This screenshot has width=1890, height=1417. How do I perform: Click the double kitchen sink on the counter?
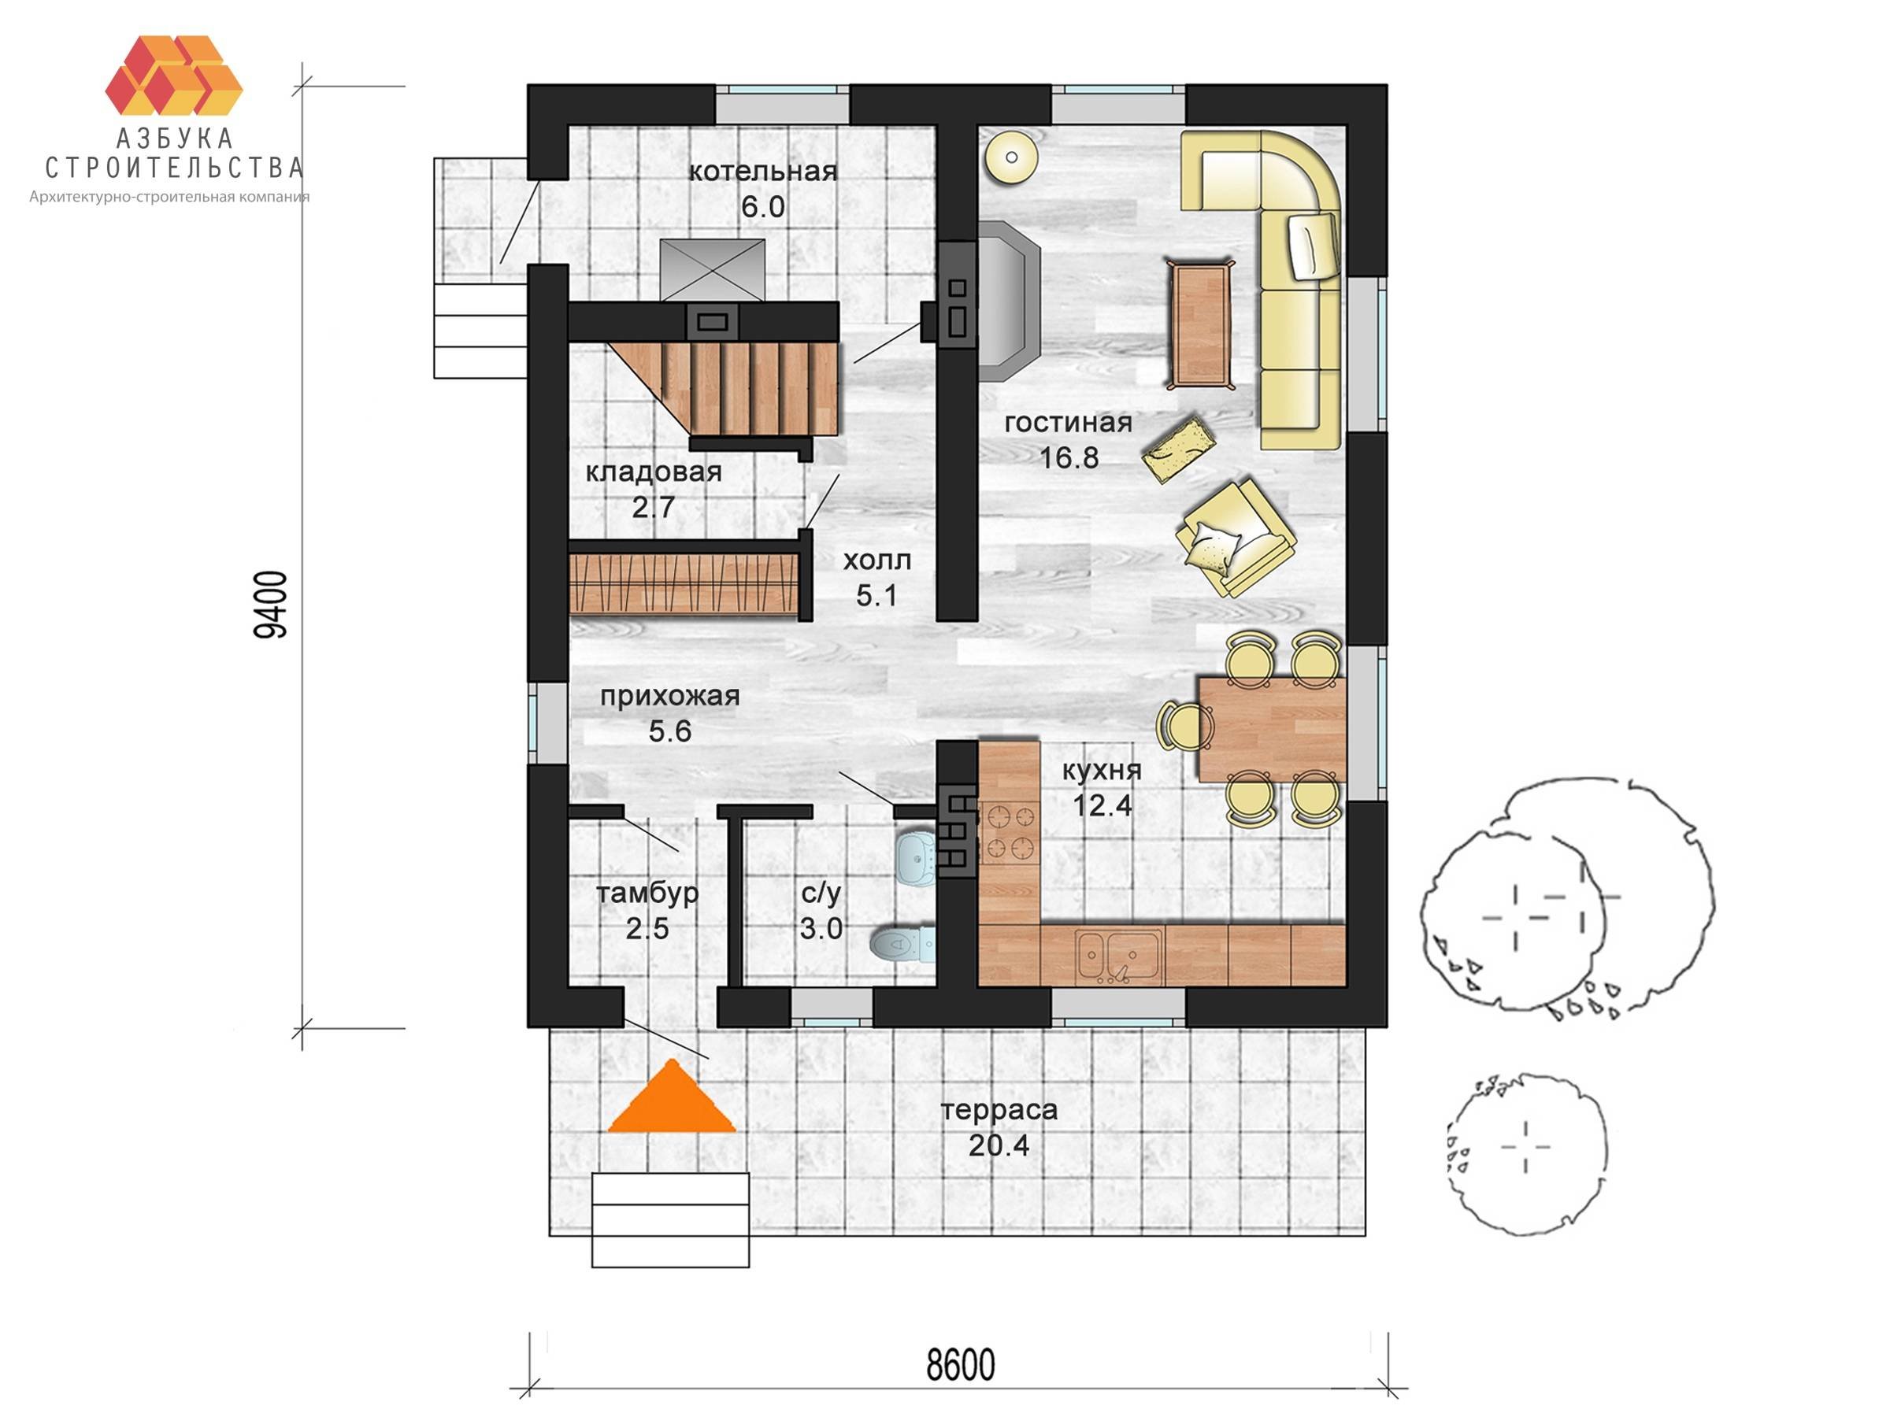point(1119,956)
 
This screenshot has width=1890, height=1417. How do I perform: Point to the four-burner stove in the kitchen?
point(1009,833)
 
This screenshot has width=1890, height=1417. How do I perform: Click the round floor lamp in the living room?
point(1012,157)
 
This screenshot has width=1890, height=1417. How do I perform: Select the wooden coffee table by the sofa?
point(1200,324)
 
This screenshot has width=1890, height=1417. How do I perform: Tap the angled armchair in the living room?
point(1236,538)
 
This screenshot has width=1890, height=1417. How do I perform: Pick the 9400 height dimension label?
point(272,605)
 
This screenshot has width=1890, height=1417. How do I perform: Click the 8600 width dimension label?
point(962,1366)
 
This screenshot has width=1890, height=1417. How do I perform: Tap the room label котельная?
point(763,172)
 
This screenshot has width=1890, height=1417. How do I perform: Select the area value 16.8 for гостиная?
point(1068,458)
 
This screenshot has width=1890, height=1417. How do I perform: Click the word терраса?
point(999,1110)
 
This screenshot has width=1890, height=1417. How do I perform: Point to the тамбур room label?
point(647,893)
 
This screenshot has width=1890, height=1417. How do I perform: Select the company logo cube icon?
point(174,75)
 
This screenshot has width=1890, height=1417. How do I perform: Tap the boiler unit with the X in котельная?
point(713,269)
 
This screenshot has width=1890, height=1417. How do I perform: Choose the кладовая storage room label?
point(654,472)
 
